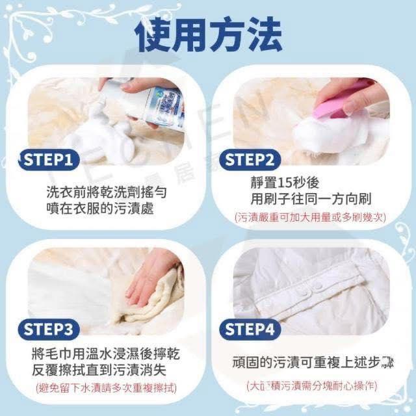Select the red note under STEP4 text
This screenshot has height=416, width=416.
[x=312, y=385]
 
